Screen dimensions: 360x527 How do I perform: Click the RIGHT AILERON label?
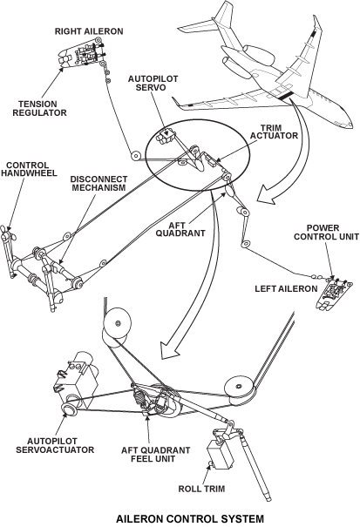[x=89, y=31]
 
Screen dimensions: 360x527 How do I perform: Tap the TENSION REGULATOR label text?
[x=40, y=108]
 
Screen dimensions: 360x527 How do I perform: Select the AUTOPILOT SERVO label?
[x=153, y=83]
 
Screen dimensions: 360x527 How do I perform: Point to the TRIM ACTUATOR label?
[x=274, y=132]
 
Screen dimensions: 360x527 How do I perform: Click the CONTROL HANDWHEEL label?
[x=29, y=169]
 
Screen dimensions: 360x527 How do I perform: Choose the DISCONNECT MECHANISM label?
[x=98, y=183]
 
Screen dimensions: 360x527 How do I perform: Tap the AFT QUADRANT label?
[x=180, y=229]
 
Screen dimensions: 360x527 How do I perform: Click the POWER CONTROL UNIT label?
[x=326, y=233]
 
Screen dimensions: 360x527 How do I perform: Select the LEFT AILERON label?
[x=286, y=288]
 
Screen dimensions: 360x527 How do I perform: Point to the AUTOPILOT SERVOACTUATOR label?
[x=55, y=445]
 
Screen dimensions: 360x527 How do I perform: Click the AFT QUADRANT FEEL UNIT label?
[x=155, y=455]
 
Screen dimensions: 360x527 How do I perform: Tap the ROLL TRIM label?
[x=201, y=489]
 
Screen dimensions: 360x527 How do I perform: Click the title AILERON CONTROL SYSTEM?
[x=190, y=518]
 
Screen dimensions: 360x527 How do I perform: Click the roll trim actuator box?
[x=221, y=455]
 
